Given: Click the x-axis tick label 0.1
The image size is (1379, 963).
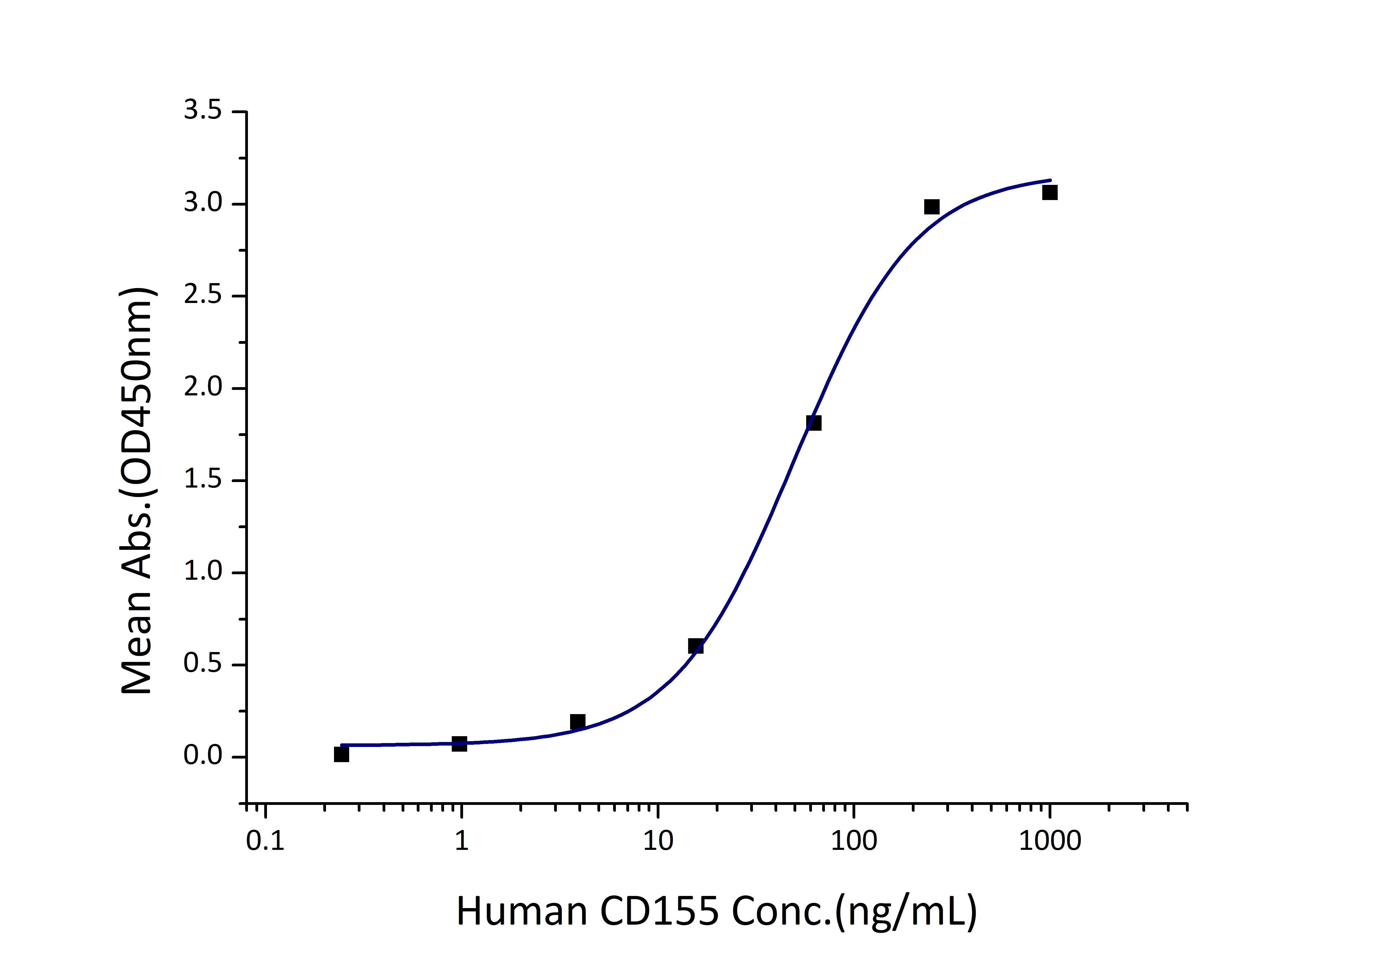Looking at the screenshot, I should pyautogui.click(x=265, y=841).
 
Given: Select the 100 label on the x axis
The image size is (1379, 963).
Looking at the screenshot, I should pyautogui.click(x=854, y=841).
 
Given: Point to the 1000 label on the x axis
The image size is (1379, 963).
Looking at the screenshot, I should pyautogui.click(x=1050, y=841).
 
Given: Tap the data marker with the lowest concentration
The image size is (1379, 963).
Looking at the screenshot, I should pyautogui.click(x=341, y=755).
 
